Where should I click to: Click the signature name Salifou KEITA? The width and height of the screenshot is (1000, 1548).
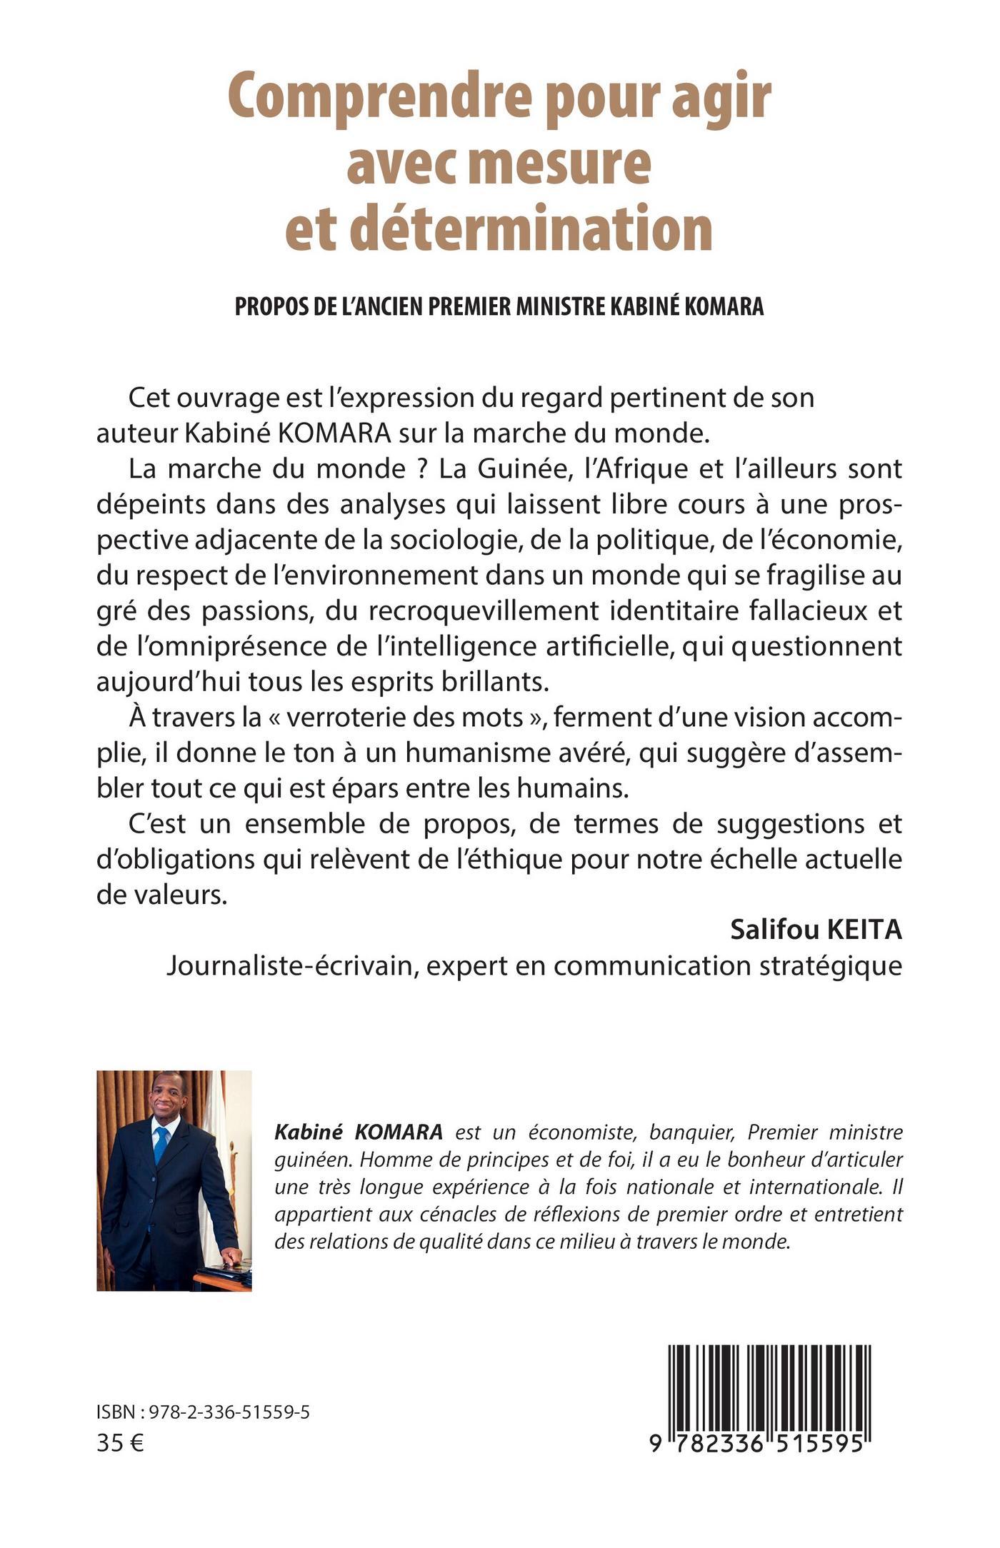coord(816,930)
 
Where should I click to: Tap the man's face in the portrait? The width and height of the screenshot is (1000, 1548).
coord(168,1100)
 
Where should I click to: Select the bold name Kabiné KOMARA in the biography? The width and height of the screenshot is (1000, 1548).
coord(359,1132)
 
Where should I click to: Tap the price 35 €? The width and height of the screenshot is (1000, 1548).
coord(119,1443)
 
